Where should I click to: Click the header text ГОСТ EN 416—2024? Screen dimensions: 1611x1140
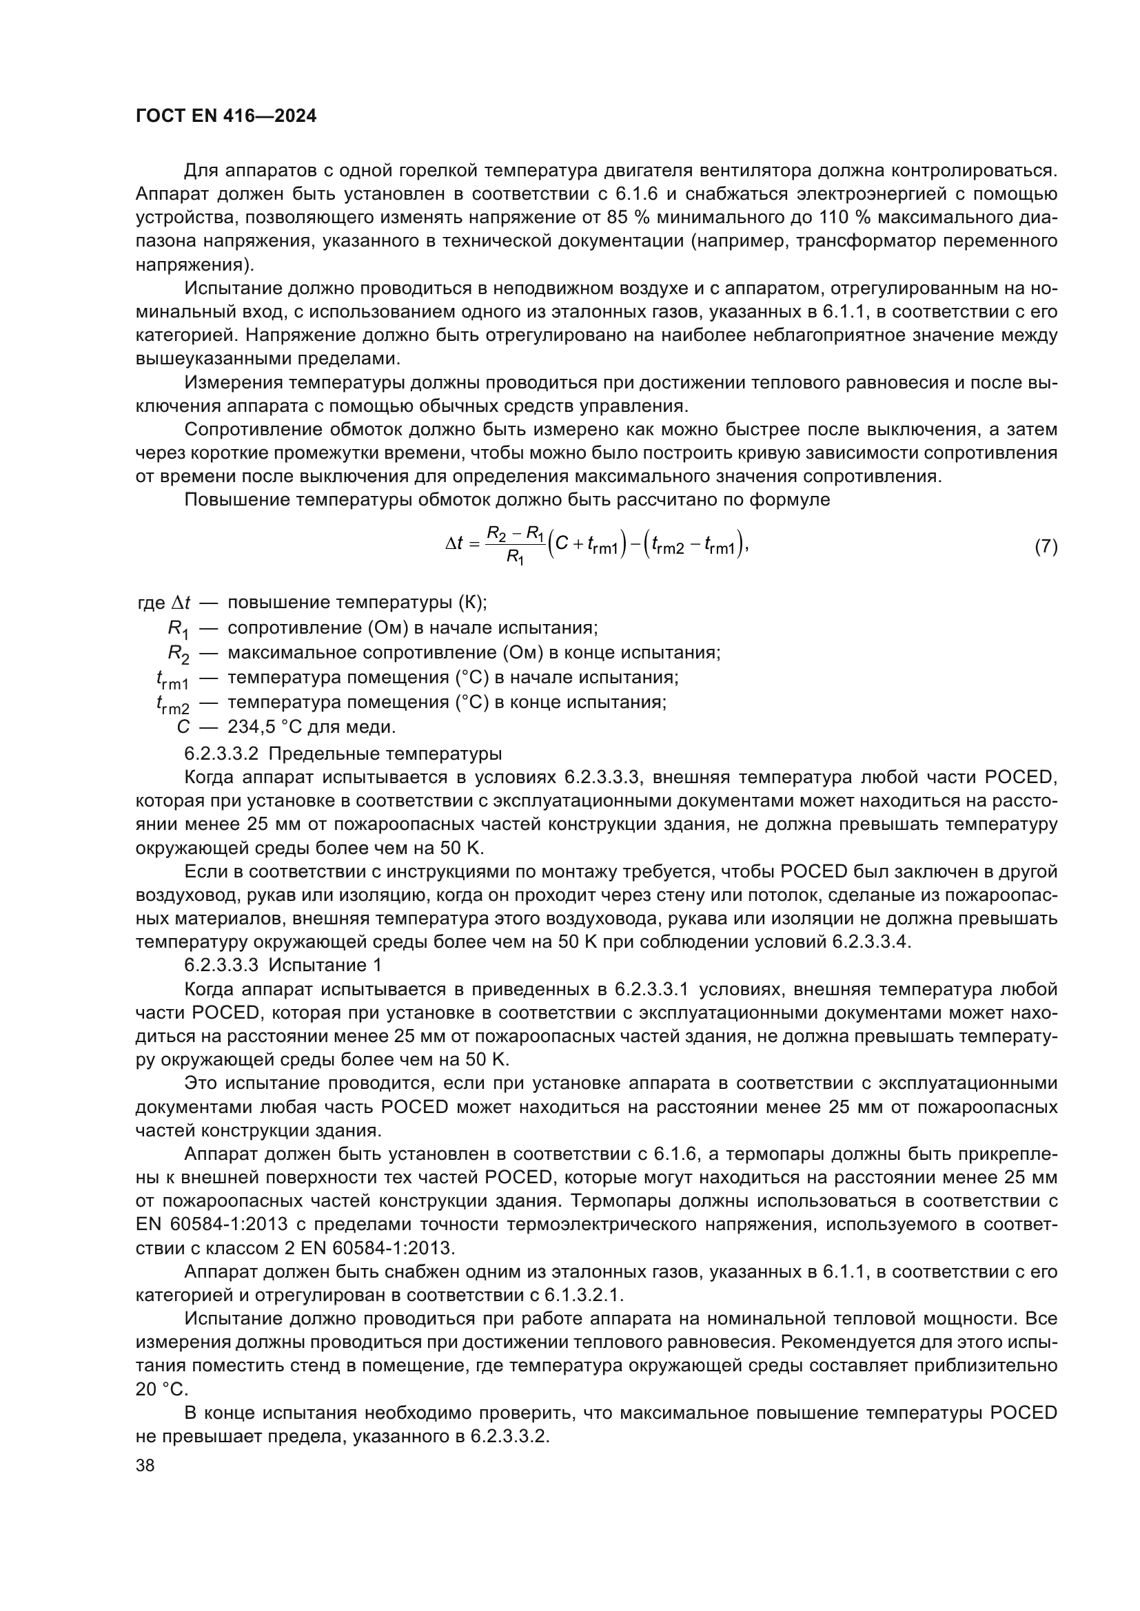225,116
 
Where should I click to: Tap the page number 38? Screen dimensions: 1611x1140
145,1465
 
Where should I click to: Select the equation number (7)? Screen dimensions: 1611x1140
1046,547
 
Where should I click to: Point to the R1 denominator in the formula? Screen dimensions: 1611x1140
516,559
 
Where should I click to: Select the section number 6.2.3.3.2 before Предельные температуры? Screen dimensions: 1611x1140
221,753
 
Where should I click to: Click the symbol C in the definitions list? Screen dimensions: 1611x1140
183,727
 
